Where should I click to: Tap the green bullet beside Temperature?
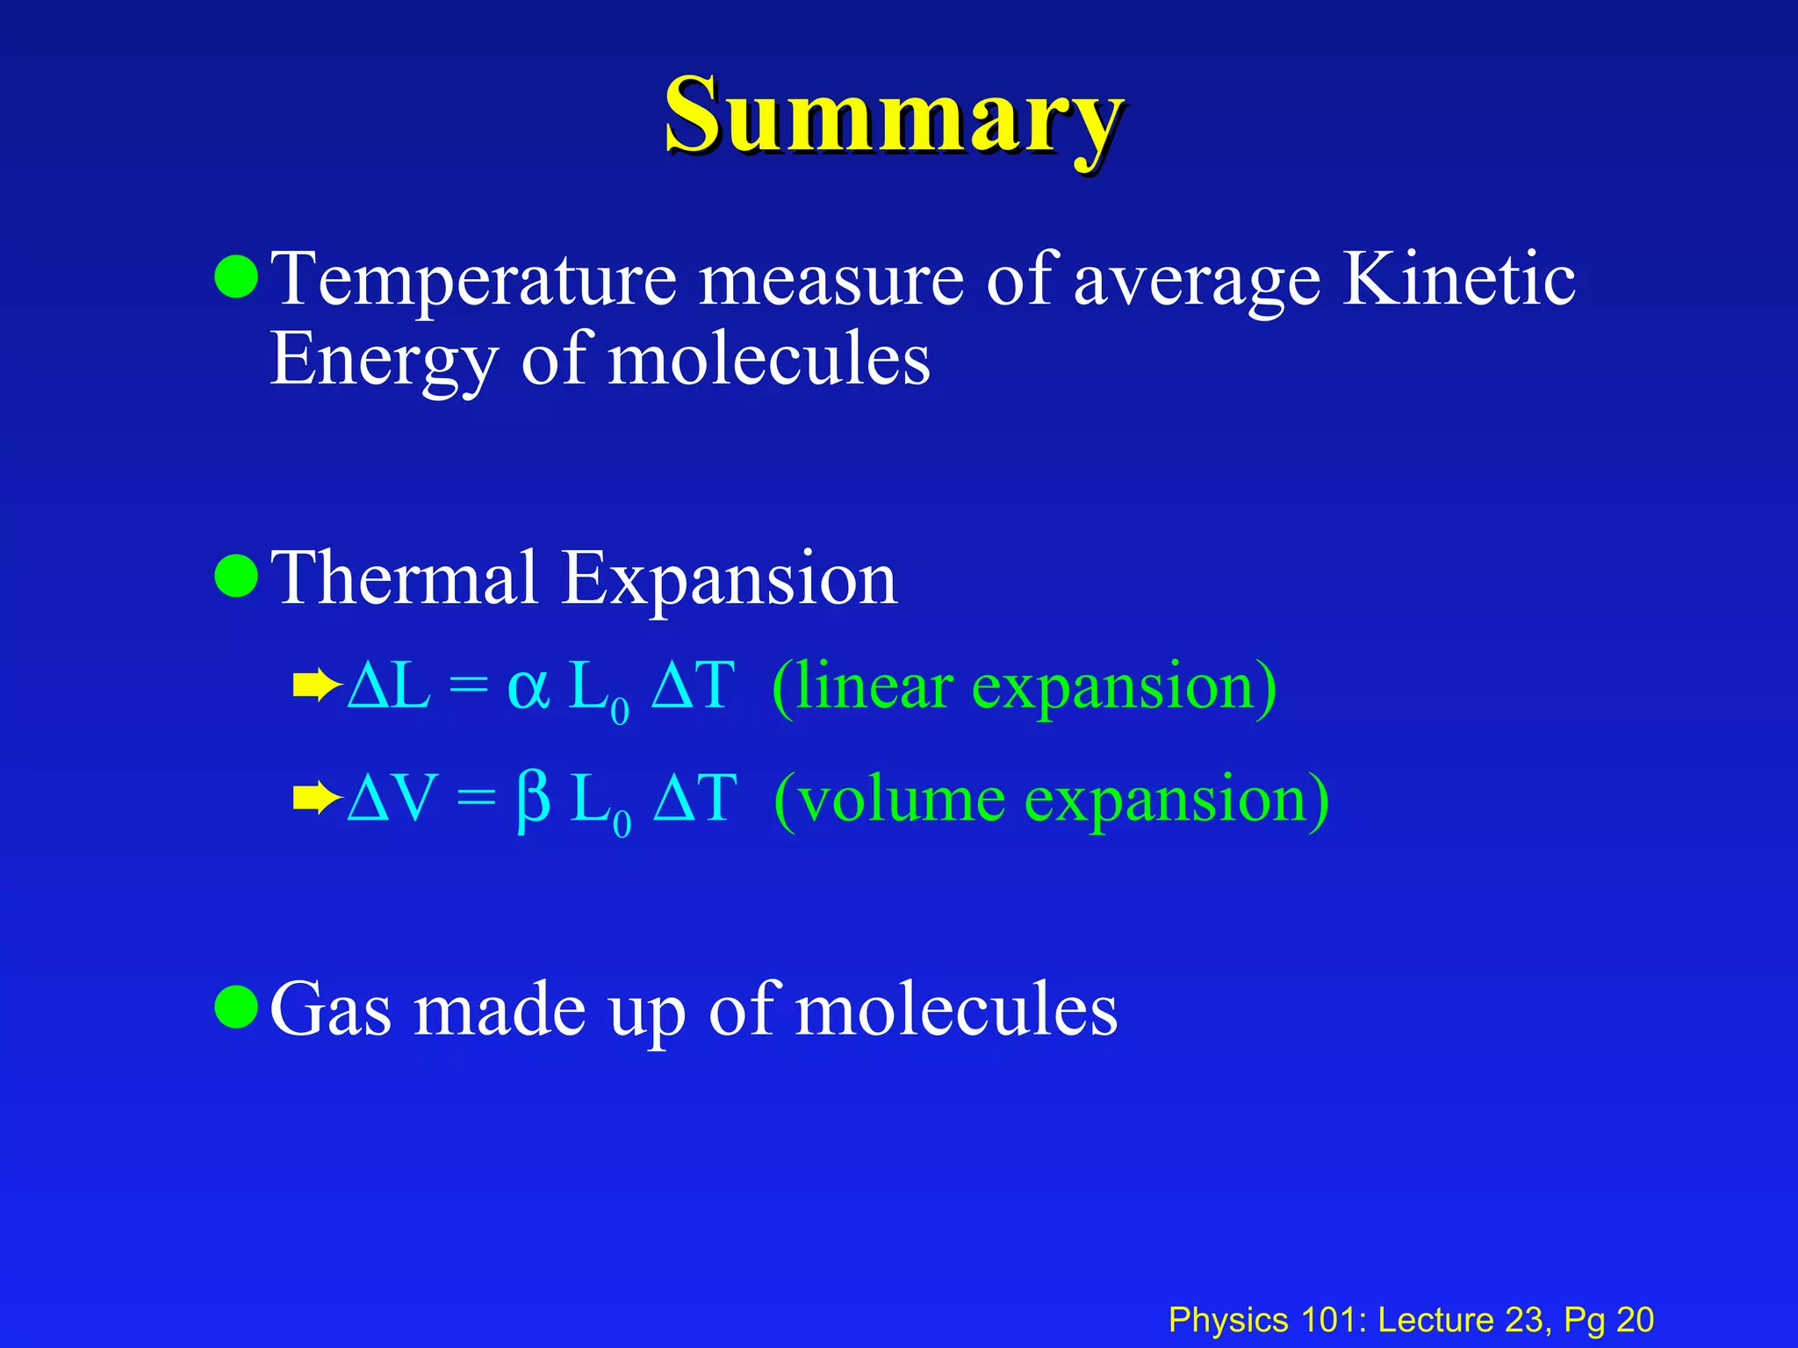236,277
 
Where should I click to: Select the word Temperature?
474,281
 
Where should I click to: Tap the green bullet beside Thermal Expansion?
236,576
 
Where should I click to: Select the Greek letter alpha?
529,688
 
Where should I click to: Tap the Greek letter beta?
533,800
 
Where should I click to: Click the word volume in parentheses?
902,800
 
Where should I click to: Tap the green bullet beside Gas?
236,1007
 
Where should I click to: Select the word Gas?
330,1009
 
